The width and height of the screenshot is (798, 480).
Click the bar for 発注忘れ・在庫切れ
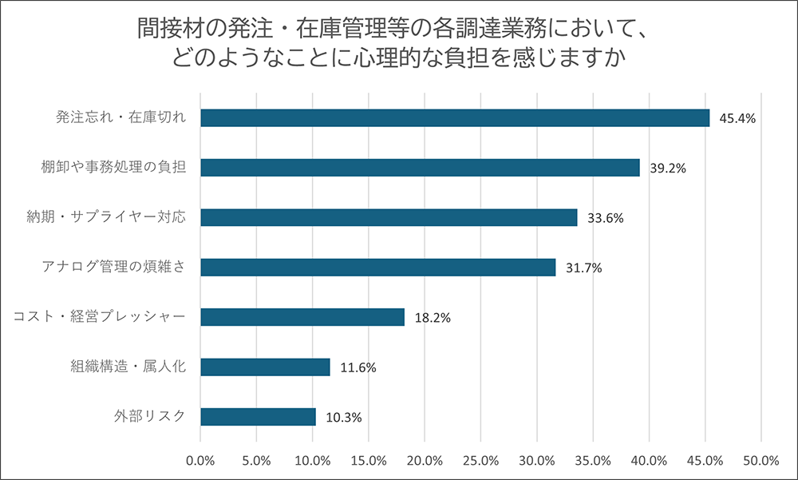455,118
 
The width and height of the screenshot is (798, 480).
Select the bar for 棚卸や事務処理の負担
420,168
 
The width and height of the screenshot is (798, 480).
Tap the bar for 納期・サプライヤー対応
389,217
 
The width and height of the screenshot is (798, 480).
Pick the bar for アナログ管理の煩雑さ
377,268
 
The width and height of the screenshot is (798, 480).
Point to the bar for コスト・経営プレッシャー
302,317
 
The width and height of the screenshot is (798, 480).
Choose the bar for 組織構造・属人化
265,367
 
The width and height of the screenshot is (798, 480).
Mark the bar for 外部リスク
258,417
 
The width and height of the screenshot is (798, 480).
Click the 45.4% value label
737,119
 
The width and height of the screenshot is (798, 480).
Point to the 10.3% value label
343,418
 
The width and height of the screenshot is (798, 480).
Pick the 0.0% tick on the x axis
200,461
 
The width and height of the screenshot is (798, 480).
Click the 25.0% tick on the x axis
480,461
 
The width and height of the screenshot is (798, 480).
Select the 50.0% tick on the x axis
760,461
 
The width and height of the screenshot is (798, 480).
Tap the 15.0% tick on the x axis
369,461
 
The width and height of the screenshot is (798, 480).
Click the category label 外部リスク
150,416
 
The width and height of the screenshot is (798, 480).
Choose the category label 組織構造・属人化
128,367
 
